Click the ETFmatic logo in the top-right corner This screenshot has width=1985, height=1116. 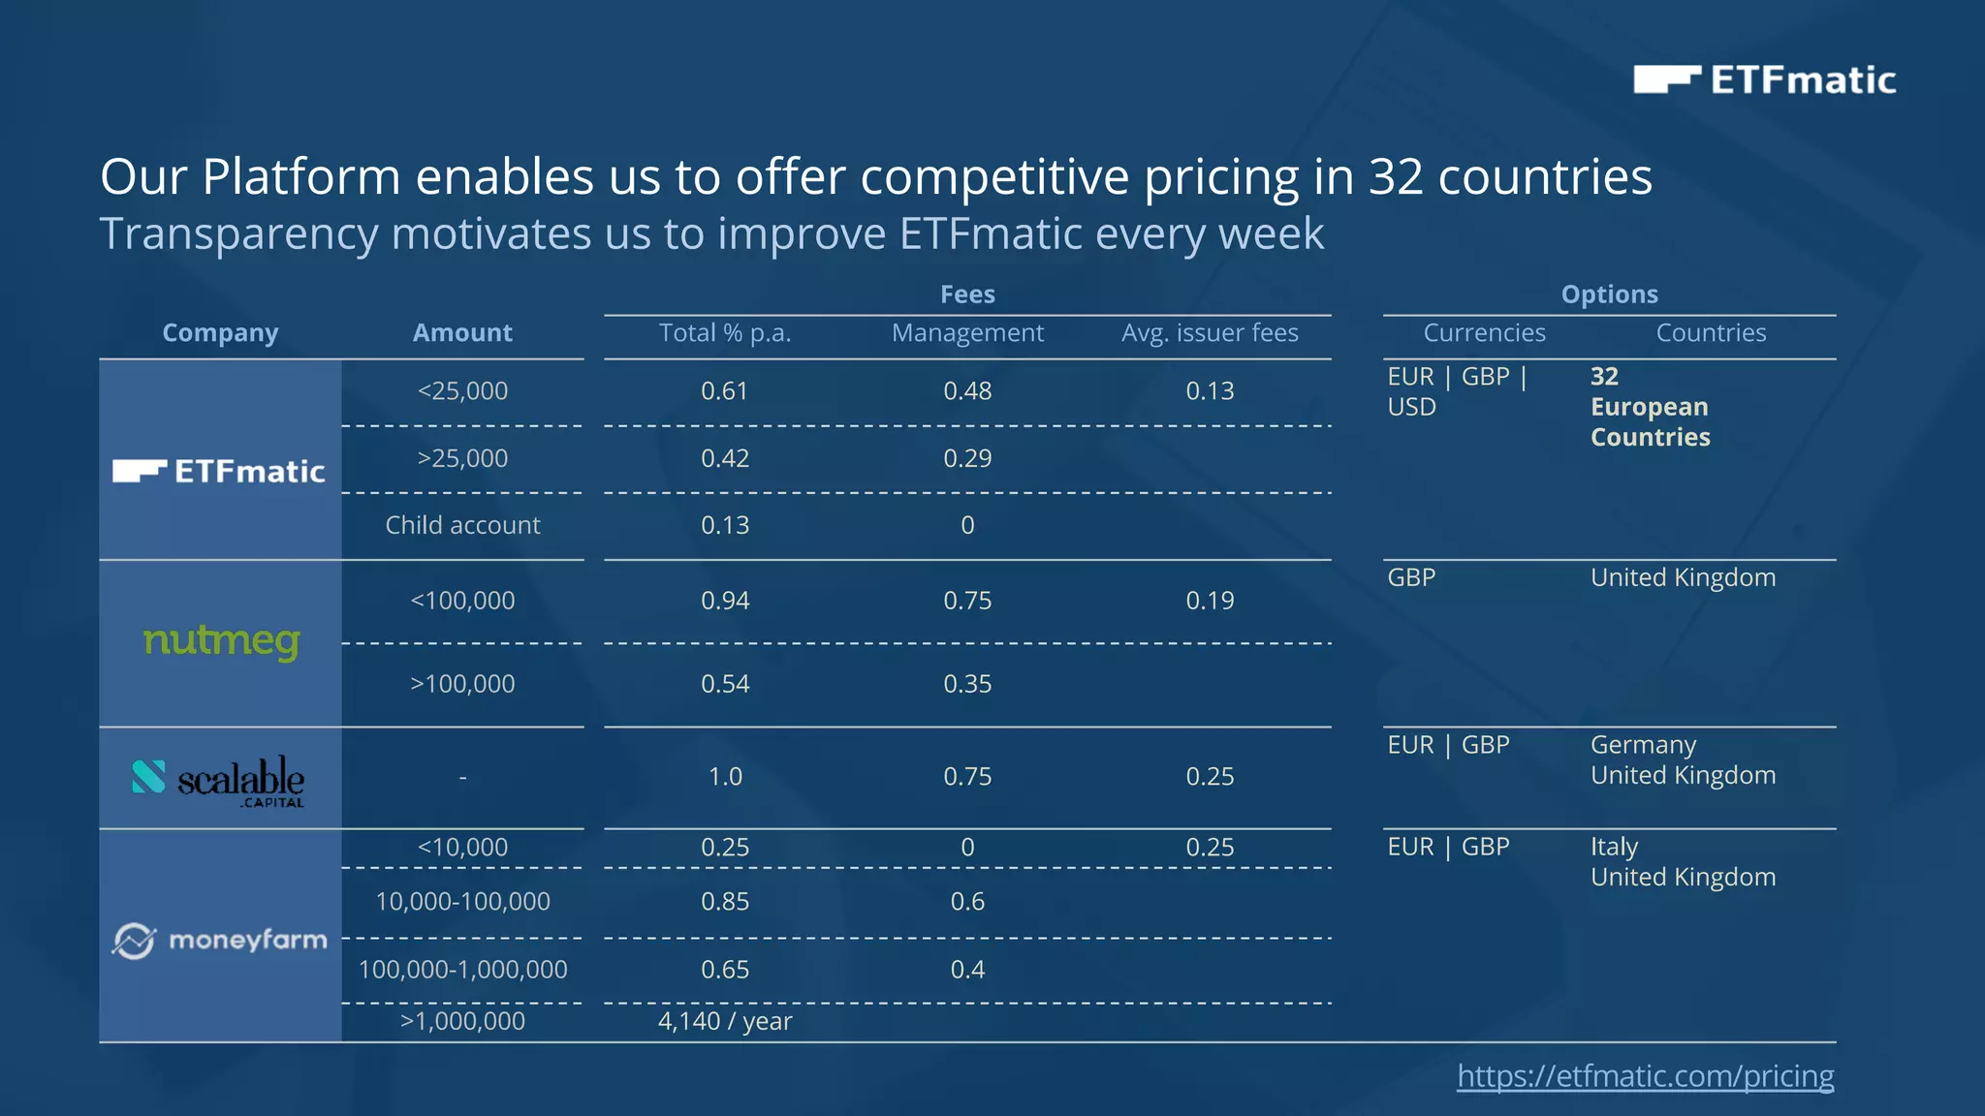coord(1764,79)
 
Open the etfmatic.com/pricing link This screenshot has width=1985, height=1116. coord(1645,1075)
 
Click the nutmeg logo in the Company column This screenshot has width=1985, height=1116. coord(221,641)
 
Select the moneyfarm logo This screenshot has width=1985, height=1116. coord(220,940)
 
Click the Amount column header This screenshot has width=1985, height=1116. coord(462,332)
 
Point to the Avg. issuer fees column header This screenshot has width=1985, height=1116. coord(1210,332)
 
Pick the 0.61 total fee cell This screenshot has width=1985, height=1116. coord(725,390)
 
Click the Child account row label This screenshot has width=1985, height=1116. coord(462,525)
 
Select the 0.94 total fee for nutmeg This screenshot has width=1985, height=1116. coord(725,601)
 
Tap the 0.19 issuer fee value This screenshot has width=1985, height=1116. coord(1210,601)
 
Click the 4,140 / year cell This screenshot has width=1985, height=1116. coord(725,1021)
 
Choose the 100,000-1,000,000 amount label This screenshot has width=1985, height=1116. coord(462,969)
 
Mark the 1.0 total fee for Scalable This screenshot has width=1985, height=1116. coord(725,777)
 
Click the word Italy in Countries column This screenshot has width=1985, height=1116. coord(1614,847)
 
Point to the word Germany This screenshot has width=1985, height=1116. coord(1643,745)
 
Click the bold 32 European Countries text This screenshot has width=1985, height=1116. coord(1650,407)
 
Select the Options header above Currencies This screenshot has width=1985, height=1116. coord(1609,294)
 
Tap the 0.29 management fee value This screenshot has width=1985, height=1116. coord(967,458)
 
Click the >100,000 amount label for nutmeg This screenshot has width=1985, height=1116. coord(462,684)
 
